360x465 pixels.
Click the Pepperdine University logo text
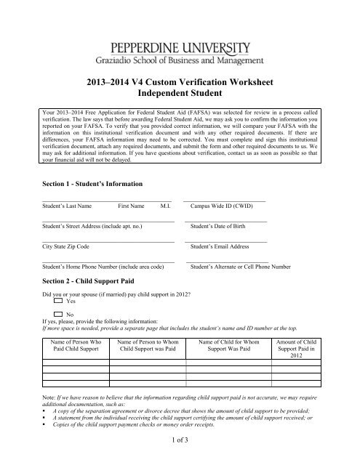point(180,37)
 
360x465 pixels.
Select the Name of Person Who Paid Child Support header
point(76,345)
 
